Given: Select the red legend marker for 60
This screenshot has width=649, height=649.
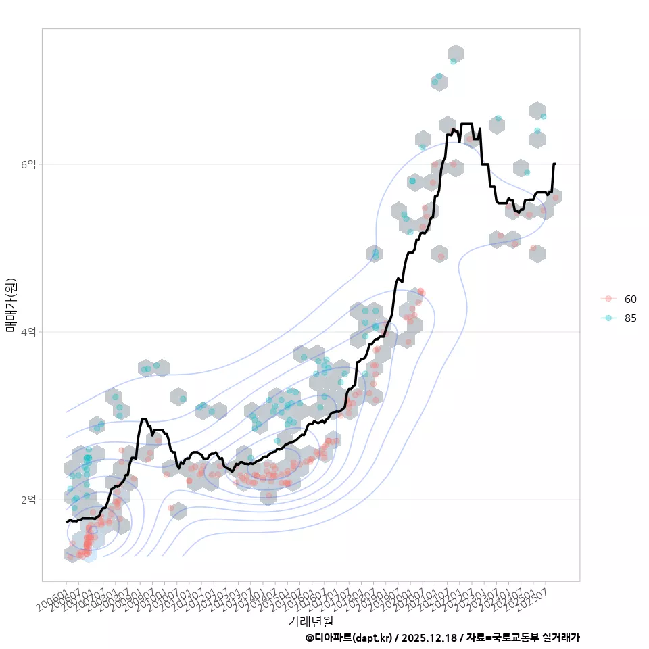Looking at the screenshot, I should click(608, 299).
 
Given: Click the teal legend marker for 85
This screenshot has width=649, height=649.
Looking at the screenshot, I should click(608, 318).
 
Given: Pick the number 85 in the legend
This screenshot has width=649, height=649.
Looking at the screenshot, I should click(631, 318).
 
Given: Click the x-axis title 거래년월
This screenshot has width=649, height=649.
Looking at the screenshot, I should click(311, 621).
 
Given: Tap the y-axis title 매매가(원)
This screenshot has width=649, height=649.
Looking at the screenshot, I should click(11, 305).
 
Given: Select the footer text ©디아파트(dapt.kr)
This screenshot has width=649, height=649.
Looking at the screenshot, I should click(349, 638).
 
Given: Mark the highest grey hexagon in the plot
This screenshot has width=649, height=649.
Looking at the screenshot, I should click(455, 53).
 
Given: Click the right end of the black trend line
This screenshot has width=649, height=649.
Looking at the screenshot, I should click(554, 164).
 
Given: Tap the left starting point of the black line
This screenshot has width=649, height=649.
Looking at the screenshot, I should click(66, 522).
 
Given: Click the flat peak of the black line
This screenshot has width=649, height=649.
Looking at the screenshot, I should click(466, 124).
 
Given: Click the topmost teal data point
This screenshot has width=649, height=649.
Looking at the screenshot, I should click(454, 61).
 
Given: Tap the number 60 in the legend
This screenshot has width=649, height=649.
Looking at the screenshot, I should click(631, 299).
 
